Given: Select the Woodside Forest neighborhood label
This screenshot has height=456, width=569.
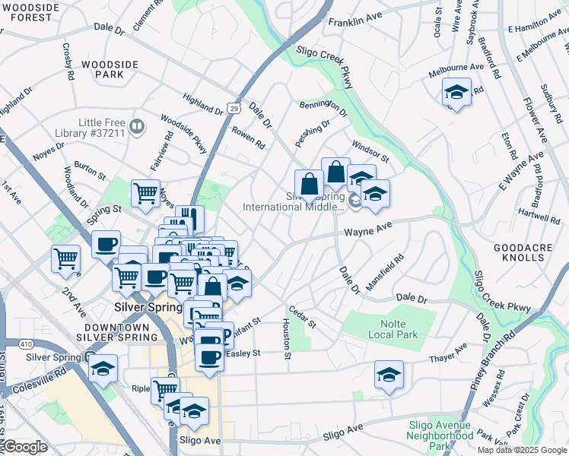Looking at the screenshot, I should pyautogui.click(x=30, y=13).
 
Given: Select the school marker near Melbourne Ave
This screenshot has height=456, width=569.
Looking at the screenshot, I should pyautogui.click(x=456, y=94).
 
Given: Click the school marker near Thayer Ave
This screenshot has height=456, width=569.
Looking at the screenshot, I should pyautogui.click(x=389, y=375).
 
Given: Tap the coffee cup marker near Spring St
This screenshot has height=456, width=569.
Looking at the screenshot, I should pyautogui.click(x=106, y=245).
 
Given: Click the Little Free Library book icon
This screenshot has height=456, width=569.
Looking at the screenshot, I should pyautogui.click(x=137, y=126).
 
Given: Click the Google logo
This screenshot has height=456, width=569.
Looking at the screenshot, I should pyautogui.click(x=25, y=448).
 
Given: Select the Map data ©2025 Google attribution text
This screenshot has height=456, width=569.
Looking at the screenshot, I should pyautogui.click(x=521, y=450).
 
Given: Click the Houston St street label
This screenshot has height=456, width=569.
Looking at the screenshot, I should pyautogui.click(x=287, y=339).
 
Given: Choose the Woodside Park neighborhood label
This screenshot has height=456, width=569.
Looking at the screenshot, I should pyautogui.click(x=102, y=70).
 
